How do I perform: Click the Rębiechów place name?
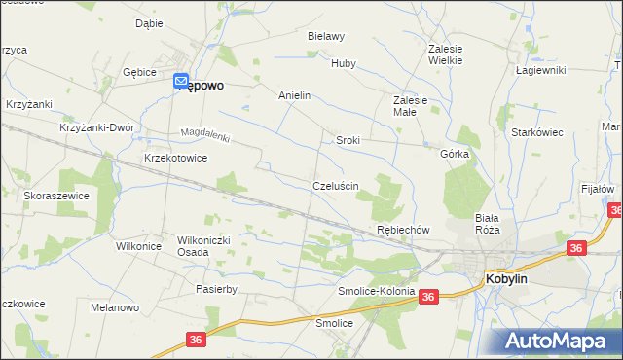coord(403,230)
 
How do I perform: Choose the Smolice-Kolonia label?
coord(376,291)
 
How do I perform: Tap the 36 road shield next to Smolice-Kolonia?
coord(429,297)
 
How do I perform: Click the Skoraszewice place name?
coord(56,196)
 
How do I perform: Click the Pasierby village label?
coord(216,289)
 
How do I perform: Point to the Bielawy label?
coord(326,36)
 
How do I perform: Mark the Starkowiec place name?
coord(537,132)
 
